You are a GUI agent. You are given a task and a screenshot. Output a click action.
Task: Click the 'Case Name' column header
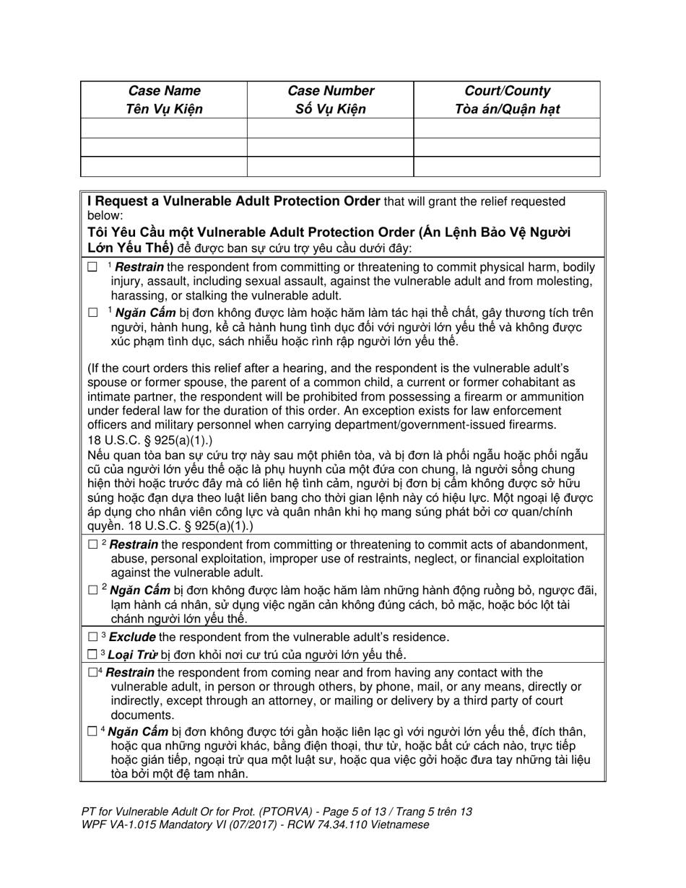pos(164,91)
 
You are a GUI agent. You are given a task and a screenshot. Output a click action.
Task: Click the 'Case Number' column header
pos(331,91)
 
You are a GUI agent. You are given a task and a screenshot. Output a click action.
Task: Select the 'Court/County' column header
pos(508,91)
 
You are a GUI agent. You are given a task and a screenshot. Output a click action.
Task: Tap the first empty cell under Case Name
pos(164,128)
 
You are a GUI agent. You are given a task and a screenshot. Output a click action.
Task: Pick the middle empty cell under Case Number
pos(331,147)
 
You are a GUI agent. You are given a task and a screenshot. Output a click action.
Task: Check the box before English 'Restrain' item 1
pos(92,268)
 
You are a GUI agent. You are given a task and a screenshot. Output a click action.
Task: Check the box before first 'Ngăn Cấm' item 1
pos(92,313)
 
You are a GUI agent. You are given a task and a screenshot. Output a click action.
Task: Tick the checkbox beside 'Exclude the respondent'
pos(92,637)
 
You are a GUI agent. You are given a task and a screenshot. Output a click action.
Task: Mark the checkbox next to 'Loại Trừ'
pos(92,656)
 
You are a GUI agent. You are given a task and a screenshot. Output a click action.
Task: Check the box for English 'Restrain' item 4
pos(92,673)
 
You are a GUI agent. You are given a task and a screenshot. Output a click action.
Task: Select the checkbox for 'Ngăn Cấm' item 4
pos(92,732)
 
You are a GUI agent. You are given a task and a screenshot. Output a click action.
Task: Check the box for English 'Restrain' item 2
pos(92,545)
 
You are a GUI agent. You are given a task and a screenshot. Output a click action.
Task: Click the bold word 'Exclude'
pos(132,637)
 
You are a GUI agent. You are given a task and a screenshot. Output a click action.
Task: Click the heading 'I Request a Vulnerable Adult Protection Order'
pos(234,201)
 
